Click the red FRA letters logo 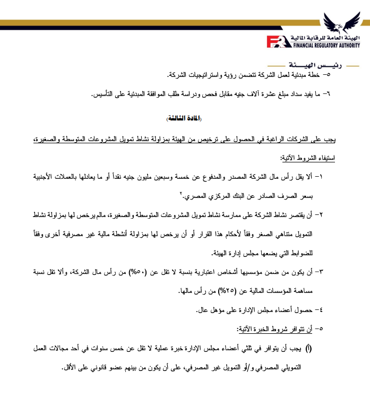pyautogui.click(x=280, y=41)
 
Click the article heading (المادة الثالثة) pyautogui.click(x=185, y=117)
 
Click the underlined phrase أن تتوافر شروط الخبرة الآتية pyautogui.click(x=287, y=329)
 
